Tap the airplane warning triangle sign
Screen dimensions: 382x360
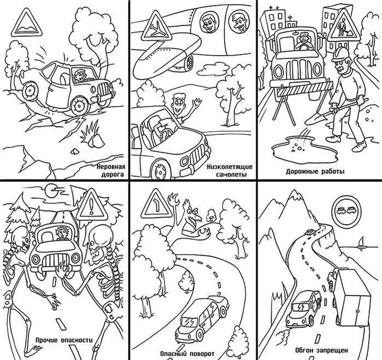coord(157,26)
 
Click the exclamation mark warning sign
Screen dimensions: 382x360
coord(92,205)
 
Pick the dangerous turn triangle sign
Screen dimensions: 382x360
coord(157,204)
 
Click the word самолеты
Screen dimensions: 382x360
coord(231,175)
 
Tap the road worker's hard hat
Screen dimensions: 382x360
coord(341,55)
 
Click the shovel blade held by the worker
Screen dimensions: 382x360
coord(316,119)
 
